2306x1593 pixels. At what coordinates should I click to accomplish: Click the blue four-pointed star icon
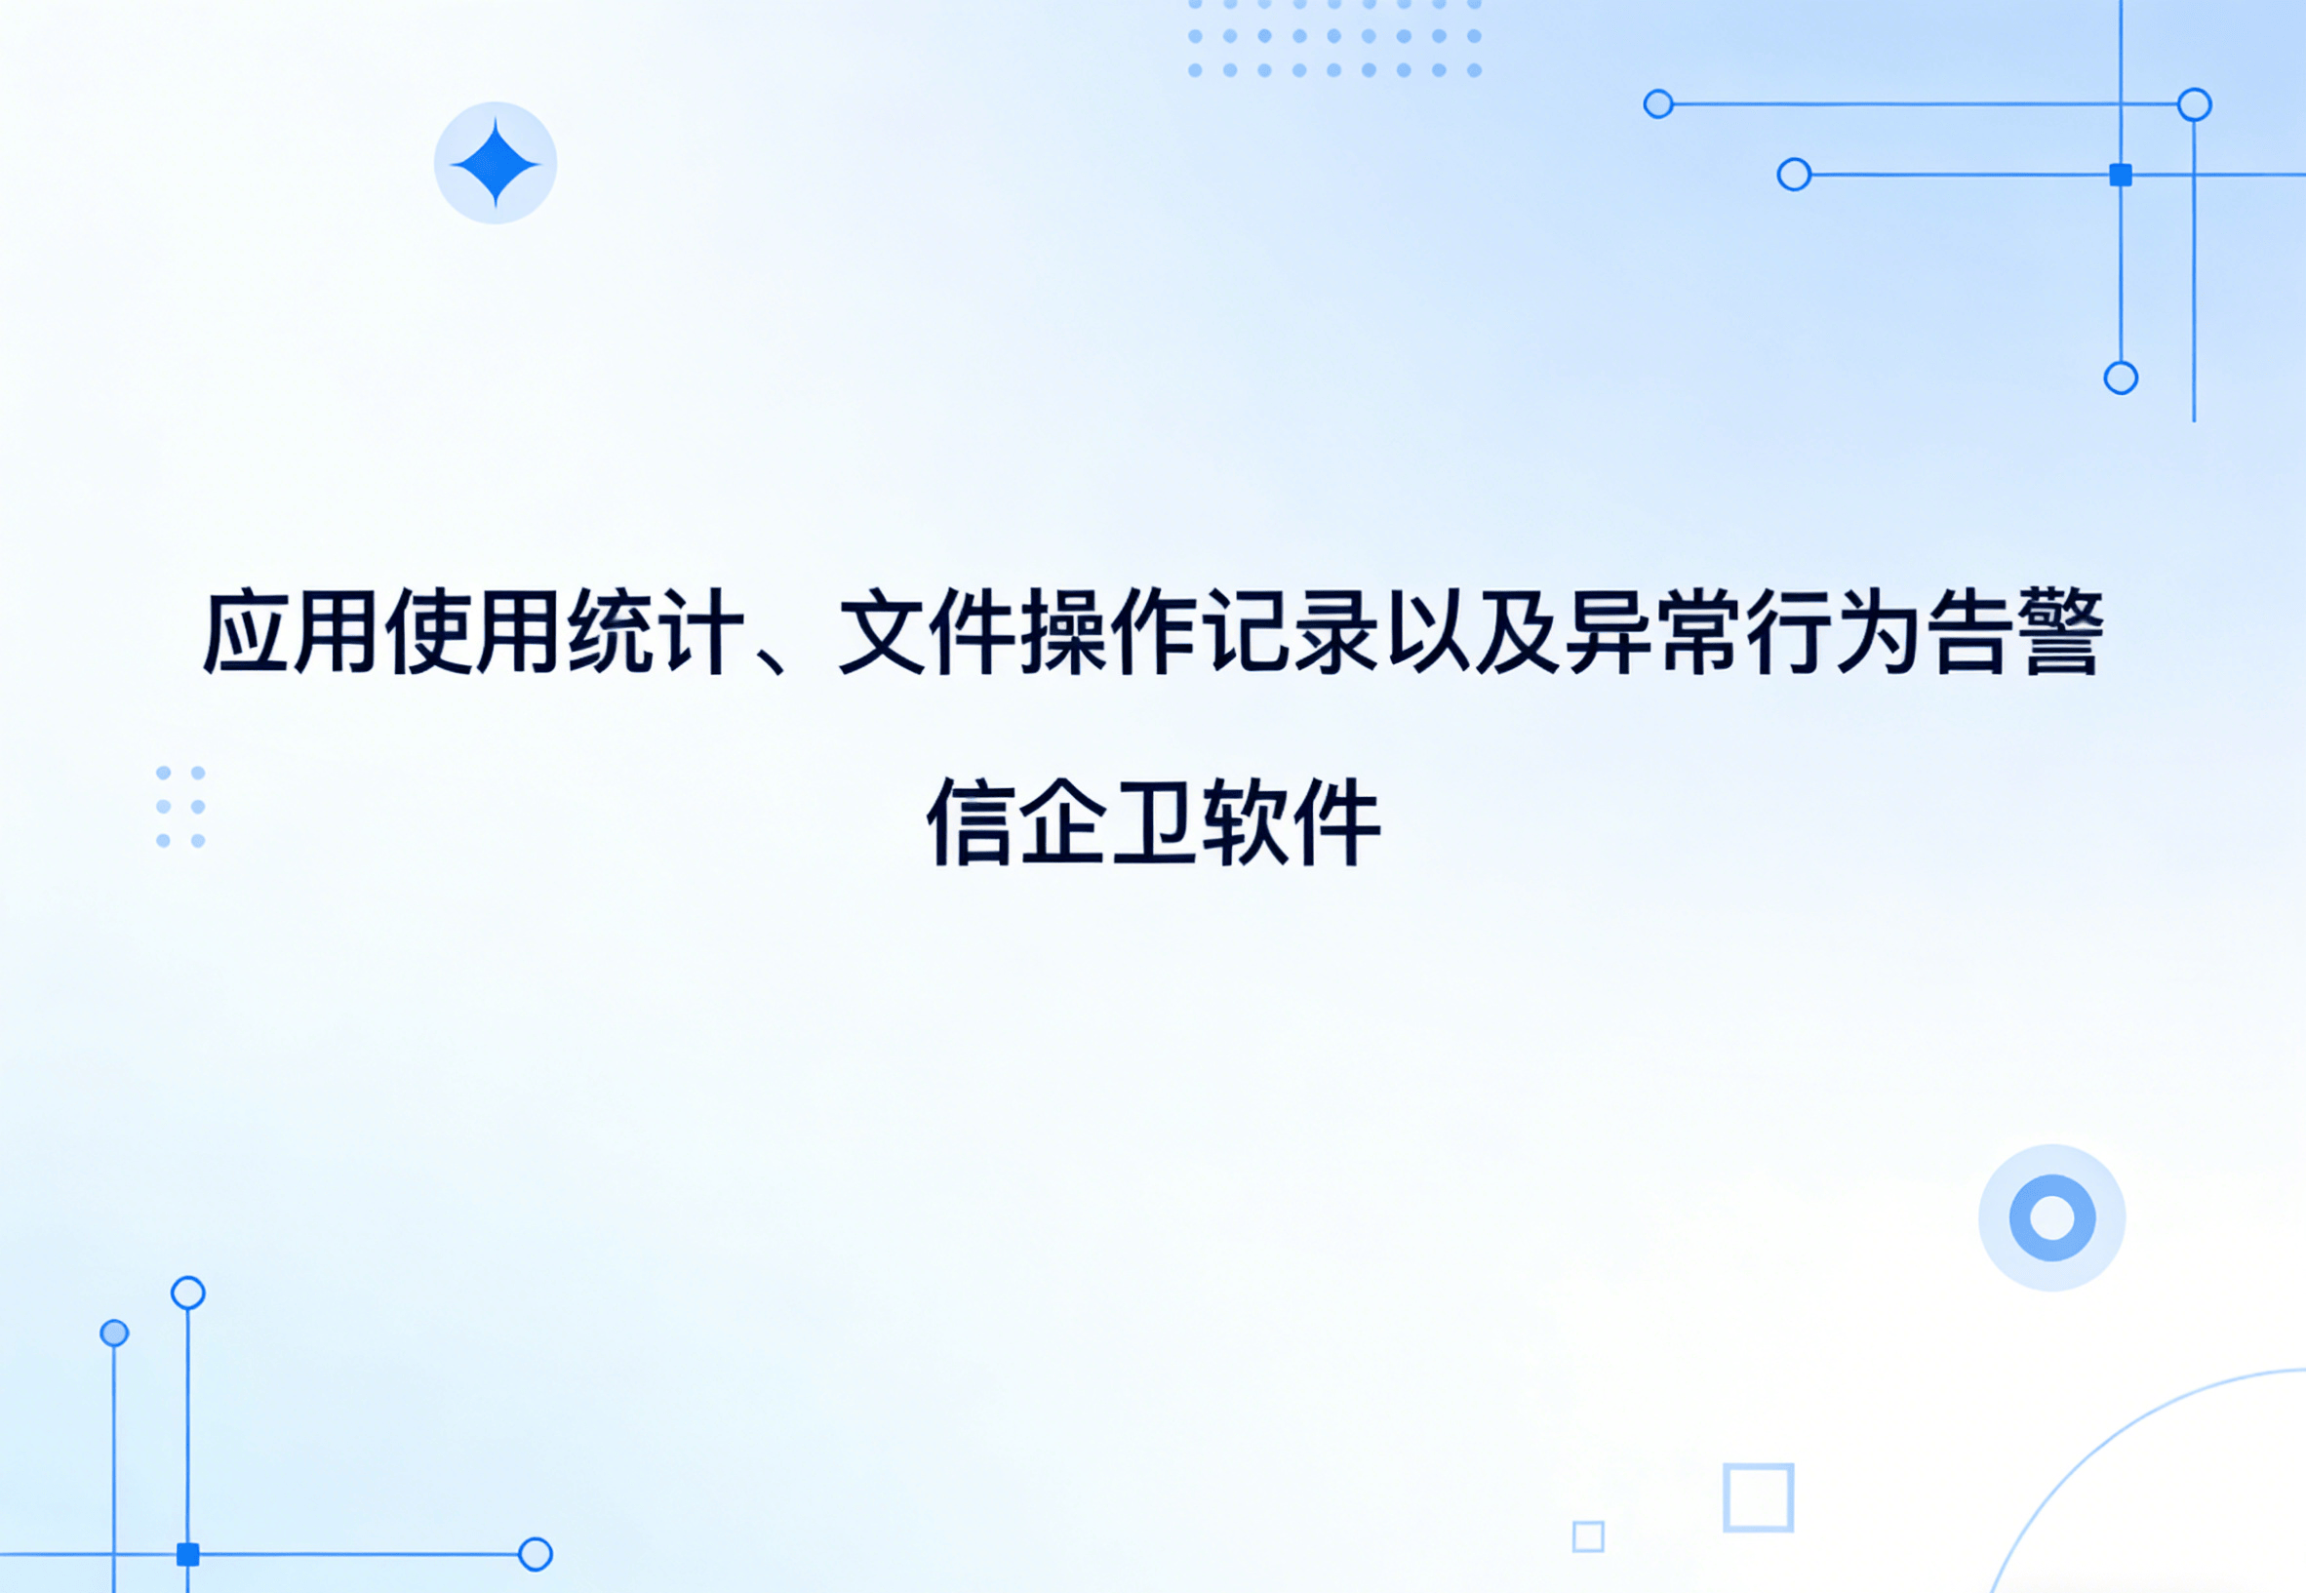pos(495,163)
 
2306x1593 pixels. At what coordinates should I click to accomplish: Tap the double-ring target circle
pos(2051,1217)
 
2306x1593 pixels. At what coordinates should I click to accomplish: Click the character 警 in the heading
pos(2058,632)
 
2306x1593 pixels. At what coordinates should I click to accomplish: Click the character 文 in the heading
pos(880,632)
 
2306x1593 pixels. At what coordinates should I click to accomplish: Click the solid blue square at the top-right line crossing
pos(2121,176)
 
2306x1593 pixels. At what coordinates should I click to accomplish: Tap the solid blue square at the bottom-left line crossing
pos(187,1554)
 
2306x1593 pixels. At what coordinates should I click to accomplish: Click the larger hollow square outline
pos(1758,1497)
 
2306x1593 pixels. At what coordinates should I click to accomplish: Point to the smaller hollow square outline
pos(1587,1536)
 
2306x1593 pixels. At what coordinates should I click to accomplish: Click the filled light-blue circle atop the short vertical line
pos(115,1333)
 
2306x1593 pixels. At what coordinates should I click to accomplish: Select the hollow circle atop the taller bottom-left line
pos(187,1293)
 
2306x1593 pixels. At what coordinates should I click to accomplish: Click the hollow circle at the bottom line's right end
pos(535,1554)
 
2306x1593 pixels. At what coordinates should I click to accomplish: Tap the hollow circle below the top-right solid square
pos(2121,378)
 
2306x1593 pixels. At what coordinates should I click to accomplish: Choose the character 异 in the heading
pos(1607,632)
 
